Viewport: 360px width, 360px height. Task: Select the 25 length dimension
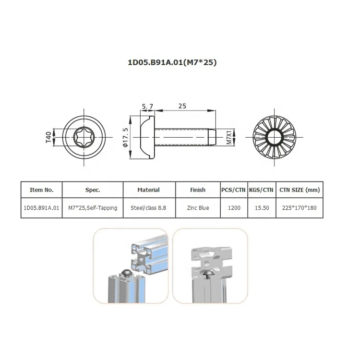tap(182, 106)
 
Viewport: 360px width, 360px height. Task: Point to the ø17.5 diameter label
tap(126, 138)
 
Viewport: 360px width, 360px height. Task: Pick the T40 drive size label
tap(48, 138)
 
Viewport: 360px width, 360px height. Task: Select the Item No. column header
tap(42, 190)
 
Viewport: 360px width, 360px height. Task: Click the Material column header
tap(148, 190)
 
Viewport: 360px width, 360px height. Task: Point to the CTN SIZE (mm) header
tap(300, 190)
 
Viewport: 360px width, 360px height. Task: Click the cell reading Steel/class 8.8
tap(148, 208)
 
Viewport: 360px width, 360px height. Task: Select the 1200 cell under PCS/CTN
tap(234, 208)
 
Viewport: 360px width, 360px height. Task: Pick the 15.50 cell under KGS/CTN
tap(261, 208)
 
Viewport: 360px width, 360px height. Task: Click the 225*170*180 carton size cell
tap(300, 208)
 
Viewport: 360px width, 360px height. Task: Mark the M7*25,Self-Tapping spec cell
tap(93, 208)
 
